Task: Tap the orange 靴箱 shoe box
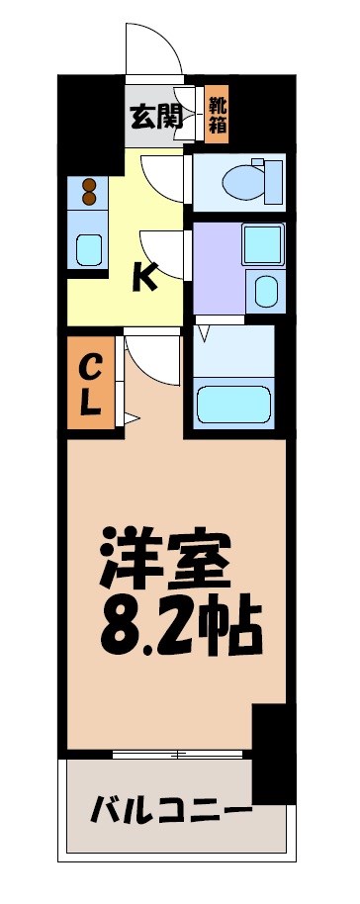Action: [x=217, y=116]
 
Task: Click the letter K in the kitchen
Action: [x=144, y=279]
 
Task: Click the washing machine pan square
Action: [x=262, y=243]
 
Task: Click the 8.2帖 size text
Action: [x=178, y=623]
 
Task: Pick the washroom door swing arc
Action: [x=163, y=252]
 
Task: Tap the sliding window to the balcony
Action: [x=178, y=754]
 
